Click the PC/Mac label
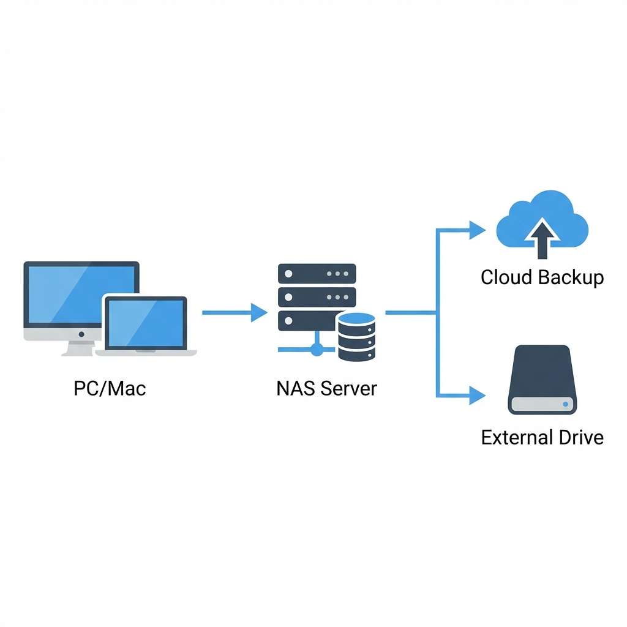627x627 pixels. tap(110, 388)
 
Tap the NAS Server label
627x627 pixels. tap(327, 388)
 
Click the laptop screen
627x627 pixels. tap(146, 323)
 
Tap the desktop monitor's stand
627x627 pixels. tap(79, 348)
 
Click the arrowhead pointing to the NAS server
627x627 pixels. tap(259, 312)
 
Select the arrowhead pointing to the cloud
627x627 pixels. tap(478, 230)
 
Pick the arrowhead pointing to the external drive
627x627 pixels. tap(478, 396)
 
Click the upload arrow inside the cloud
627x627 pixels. tap(542, 238)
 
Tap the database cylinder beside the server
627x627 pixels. tap(356, 337)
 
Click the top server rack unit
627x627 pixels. tap(317, 274)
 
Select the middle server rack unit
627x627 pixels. tap(317, 297)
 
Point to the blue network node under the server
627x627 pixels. tap(317, 350)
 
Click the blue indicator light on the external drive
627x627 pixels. tap(565, 404)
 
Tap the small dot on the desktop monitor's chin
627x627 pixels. tap(81, 334)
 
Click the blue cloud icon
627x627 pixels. tap(542, 219)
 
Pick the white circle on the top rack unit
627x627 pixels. tap(288, 274)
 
